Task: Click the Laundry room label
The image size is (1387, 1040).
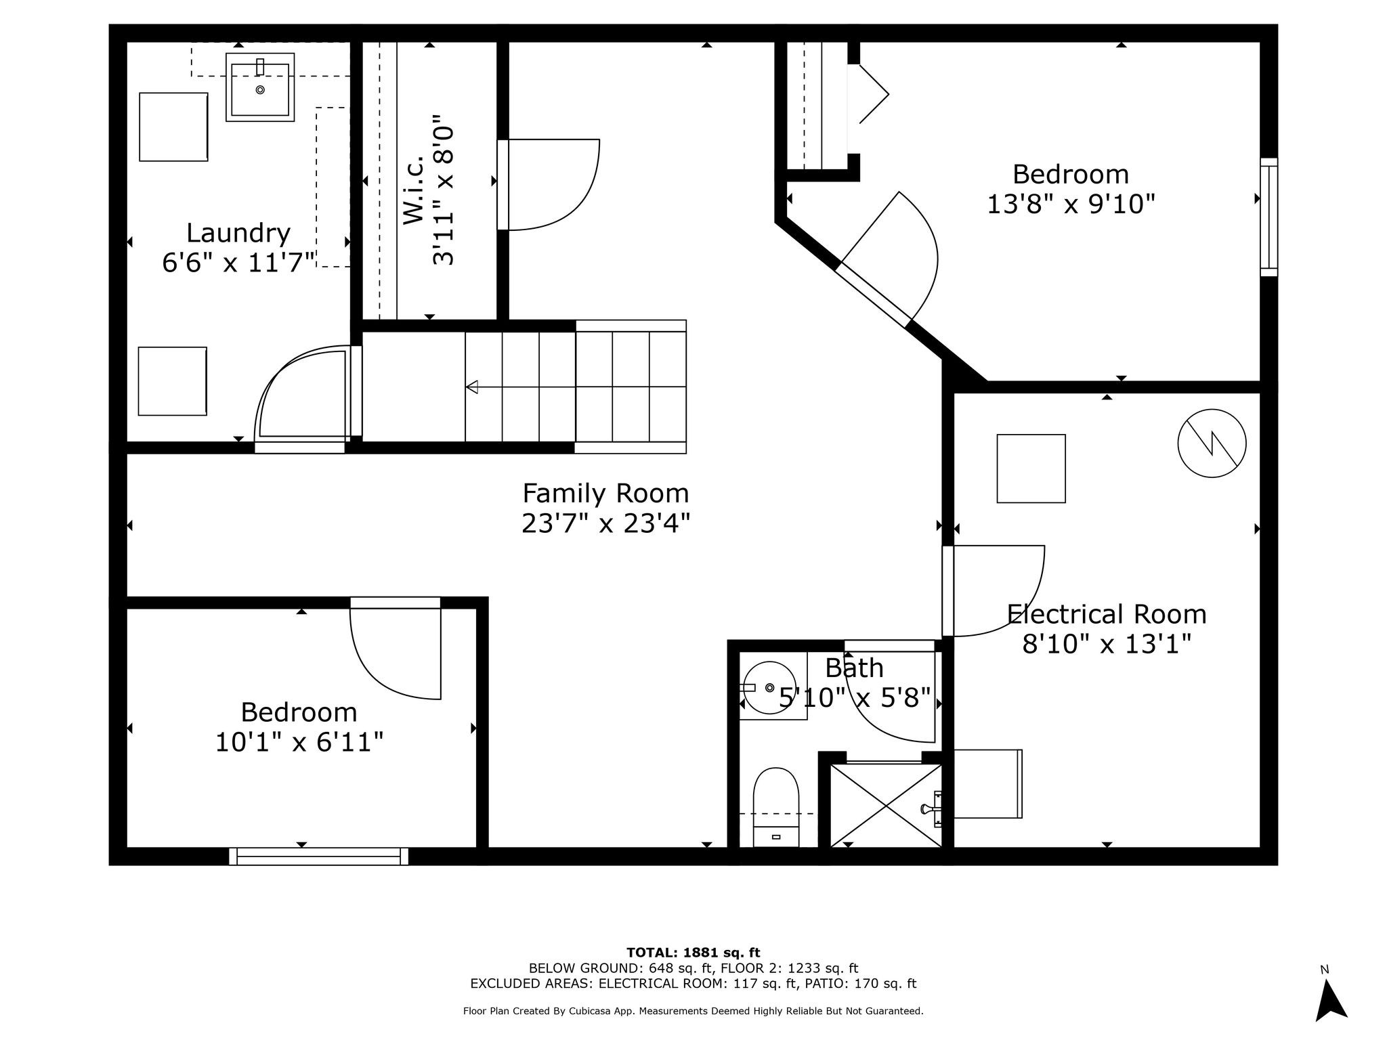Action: point(238,234)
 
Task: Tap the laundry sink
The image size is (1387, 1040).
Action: point(260,87)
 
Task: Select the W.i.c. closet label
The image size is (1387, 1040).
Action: point(413,190)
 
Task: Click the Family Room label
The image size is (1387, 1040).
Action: point(605,493)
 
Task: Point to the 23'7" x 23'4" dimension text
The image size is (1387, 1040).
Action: point(605,523)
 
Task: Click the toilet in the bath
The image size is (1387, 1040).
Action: point(776,807)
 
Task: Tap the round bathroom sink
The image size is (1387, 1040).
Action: point(769,688)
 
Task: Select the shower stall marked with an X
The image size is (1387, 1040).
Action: point(886,805)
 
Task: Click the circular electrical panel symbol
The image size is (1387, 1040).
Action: point(1212,443)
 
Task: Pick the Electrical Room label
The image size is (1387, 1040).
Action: point(1107,614)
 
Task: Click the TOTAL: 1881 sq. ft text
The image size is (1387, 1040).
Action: point(693,953)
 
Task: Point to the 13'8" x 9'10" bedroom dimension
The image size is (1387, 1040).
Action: point(1071,203)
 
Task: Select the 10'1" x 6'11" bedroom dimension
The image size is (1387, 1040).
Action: point(299,742)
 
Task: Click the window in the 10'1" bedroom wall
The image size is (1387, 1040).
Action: point(318,857)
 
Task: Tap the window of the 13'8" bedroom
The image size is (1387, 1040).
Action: point(1268,217)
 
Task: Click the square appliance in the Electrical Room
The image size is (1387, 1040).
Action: point(1031,469)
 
